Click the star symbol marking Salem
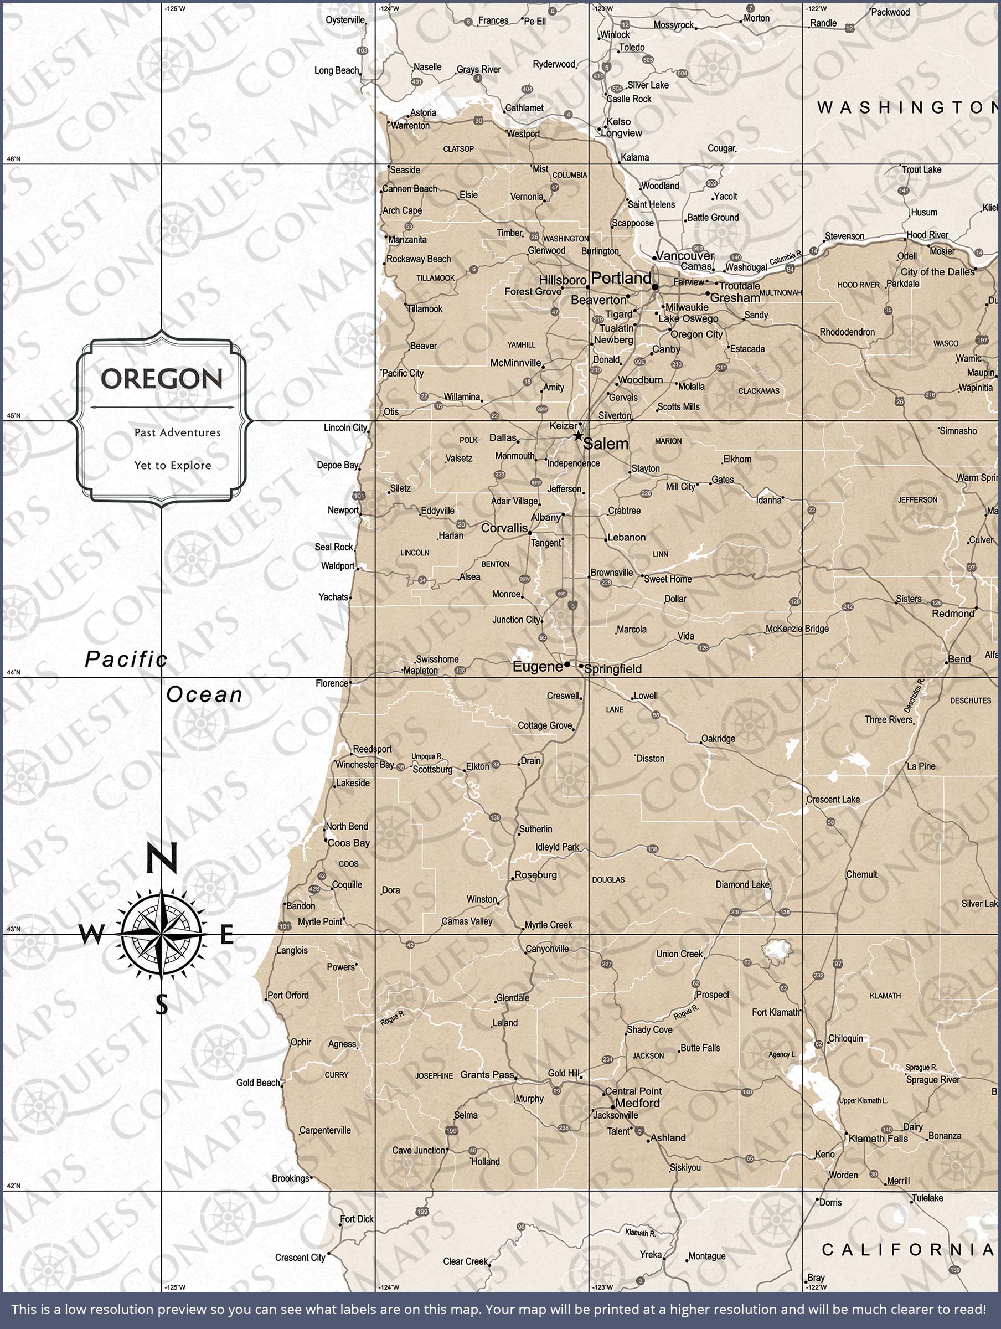click(x=578, y=436)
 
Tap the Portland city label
click(x=621, y=278)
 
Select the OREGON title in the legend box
click(x=162, y=379)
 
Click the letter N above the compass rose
click(x=162, y=858)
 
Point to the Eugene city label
click(x=537, y=667)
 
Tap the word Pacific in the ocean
click(x=126, y=660)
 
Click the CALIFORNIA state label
click(x=907, y=1250)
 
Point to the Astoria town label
click(x=423, y=113)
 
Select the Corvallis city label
click(x=504, y=528)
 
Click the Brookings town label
click(x=290, y=1178)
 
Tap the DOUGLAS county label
click(x=608, y=879)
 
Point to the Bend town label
click(x=959, y=659)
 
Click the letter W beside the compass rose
click(x=91, y=935)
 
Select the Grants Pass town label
click(x=487, y=1075)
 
